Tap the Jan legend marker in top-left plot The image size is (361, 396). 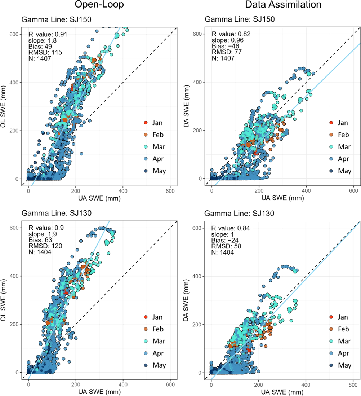pyautogui.click(x=146, y=123)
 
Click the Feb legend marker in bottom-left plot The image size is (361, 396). pyautogui.click(x=146, y=329)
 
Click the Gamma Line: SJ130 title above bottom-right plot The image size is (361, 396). pyautogui.click(x=239, y=214)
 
